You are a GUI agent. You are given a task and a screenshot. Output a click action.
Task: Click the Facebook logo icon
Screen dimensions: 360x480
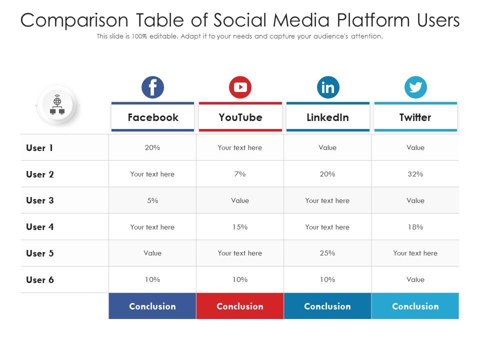[x=152, y=87]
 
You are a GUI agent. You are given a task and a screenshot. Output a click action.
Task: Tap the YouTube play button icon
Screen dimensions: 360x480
[x=240, y=87]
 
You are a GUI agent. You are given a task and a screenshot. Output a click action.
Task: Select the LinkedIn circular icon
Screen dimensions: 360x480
[x=328, y=87]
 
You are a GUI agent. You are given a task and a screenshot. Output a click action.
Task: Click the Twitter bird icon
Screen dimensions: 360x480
[x=415, y=87]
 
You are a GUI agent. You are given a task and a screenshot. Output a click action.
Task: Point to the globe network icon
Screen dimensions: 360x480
[x=57, y=105]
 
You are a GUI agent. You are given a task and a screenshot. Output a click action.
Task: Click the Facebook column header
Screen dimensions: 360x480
[x=152, y=117]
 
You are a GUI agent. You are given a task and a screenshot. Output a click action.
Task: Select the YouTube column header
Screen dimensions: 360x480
[x=240, y=117]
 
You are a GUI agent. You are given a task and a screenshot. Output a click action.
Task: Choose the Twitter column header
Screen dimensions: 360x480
[x=415, y=117]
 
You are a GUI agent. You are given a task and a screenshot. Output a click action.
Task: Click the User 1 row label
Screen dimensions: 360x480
[x=39, y=148]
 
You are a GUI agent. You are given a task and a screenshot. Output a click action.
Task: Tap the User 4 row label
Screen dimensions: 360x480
[x=39, y=227]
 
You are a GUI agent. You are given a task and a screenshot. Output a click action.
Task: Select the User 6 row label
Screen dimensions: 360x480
[x=39, y=280]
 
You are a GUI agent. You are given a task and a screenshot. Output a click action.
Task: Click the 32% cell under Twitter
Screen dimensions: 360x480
[x=415, y=174]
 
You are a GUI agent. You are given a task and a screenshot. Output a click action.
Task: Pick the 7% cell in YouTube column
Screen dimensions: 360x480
[x=240, y=174]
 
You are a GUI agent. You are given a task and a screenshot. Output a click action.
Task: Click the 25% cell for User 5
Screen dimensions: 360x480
[x=327, y=253]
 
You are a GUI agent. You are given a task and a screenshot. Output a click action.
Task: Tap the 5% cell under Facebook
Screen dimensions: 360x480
[x=152, y=200]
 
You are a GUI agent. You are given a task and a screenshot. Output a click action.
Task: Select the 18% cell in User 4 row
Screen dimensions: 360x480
[x=415, y=227]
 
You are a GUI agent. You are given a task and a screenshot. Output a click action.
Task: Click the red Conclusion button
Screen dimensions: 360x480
[x=240, y=306]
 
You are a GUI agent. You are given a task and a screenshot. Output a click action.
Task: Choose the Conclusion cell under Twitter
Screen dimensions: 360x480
[x=415, y=306]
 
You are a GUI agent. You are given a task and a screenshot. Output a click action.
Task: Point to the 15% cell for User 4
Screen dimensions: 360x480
[x=240, y=227]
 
